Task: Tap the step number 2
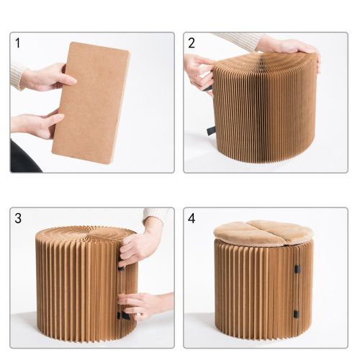[x=192, y=43]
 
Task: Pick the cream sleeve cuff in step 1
[x=17, y=74]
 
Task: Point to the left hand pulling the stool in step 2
[x=199, y=72]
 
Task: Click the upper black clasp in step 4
[x=297, y=269]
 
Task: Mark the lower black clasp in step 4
[x=296, y=314]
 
